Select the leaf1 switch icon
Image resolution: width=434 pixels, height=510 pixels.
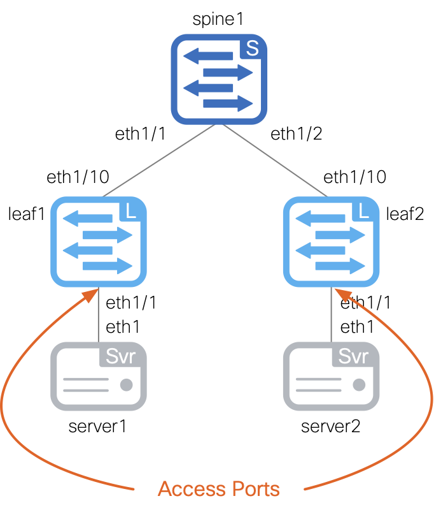99,242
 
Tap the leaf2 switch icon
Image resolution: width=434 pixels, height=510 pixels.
332,242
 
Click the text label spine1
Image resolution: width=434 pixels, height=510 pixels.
219,18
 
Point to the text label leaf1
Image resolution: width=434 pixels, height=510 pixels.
26,214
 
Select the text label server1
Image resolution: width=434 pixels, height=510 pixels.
98,426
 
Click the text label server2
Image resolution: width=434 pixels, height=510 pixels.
331,426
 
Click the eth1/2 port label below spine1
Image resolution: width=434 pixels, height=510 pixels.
297,135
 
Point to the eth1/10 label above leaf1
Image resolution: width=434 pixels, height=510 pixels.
78,177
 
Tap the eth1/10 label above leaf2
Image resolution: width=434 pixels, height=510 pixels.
354,177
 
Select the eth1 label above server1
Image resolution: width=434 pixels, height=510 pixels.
123,328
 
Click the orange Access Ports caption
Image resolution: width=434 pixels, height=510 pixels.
218,489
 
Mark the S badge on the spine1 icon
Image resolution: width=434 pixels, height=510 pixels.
252,50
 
